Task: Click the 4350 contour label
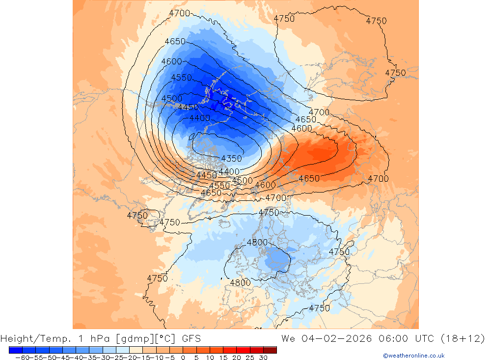(x=231, y=159)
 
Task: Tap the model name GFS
(x=191, y=338)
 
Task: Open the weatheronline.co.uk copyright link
(x=413, y=356)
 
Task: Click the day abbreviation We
(x=289, y=338)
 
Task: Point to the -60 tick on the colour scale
(x=21, y=358)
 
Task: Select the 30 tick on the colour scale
(x=263, y=358)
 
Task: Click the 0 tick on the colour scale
(x=183, y=358)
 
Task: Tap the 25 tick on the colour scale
(x=250, y=358)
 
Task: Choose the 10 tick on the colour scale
(x=210, y=358)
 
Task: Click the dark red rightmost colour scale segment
(x=270, y=350)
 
